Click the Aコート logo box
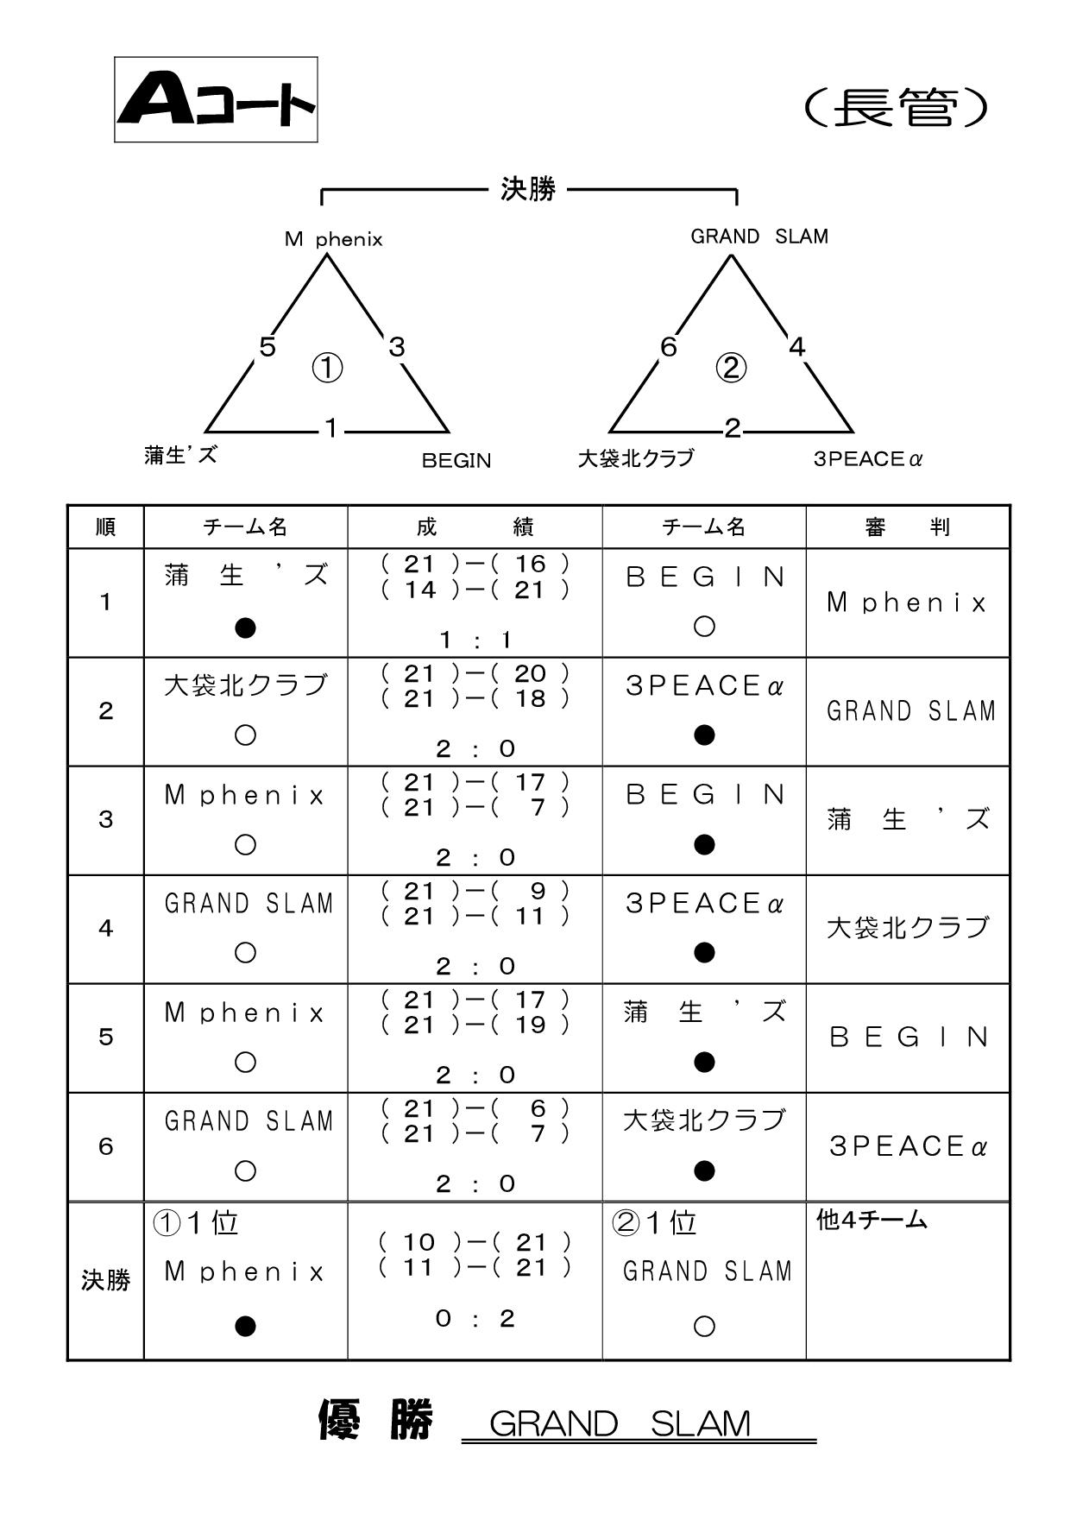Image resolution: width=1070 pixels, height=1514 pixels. (216, 99)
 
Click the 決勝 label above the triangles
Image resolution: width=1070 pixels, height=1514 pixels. (528, 189)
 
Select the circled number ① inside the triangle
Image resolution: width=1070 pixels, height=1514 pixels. (327, 369)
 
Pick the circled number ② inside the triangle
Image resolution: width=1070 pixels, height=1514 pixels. (731, 369)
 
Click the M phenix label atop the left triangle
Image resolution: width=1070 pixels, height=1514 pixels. (333, 239)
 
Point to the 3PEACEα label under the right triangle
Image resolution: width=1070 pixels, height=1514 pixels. (868, 459)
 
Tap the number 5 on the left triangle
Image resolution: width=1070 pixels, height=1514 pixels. (267, 347)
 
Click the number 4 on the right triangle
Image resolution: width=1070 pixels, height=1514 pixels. (796, 347)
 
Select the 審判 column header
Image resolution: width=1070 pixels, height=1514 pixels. (908, 527)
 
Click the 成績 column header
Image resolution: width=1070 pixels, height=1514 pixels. (475, 527)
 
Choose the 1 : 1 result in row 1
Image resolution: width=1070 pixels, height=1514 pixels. (475, 640)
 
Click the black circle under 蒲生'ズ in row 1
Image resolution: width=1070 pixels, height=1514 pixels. (246, 628)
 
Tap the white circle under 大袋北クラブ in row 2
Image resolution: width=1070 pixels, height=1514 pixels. (246, 735)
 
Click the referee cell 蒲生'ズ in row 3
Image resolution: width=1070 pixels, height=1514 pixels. (908, 819)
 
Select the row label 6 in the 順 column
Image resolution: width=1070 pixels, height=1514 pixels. (105, 1146)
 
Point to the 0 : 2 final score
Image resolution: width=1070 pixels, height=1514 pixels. (475, 1318)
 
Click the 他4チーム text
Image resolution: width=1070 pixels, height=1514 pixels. (872, 1221)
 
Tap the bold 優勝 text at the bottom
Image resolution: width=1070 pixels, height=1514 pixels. (375, 1419)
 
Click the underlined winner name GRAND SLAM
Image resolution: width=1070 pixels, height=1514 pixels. (620, 1423)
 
